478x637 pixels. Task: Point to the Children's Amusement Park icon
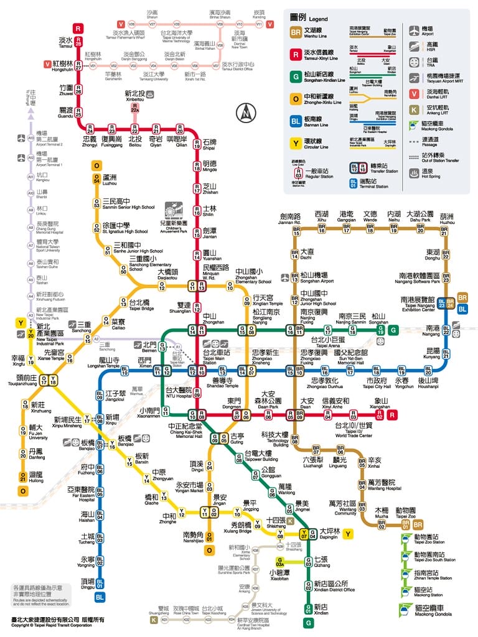point(177,215)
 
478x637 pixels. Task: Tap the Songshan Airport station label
point(314,277)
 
